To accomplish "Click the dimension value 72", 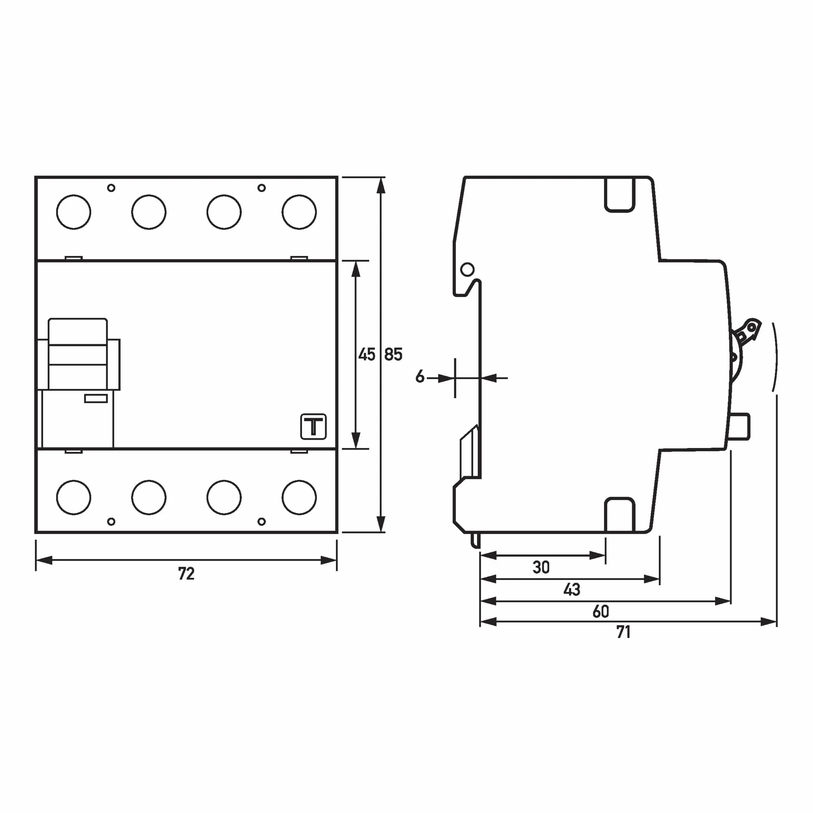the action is [x=186, y=574].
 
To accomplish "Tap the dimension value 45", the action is [x=367, y=354].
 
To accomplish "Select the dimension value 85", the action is [x=394, y=354].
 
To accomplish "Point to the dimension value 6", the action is [x=420, y=376].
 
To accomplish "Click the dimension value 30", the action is [x=541, y=568].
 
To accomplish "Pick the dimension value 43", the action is [x=572, y=590].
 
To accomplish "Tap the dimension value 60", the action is [x=601, y=611].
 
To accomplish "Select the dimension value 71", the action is [x=623, y=632].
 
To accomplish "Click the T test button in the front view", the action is [x=314, y=427].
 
